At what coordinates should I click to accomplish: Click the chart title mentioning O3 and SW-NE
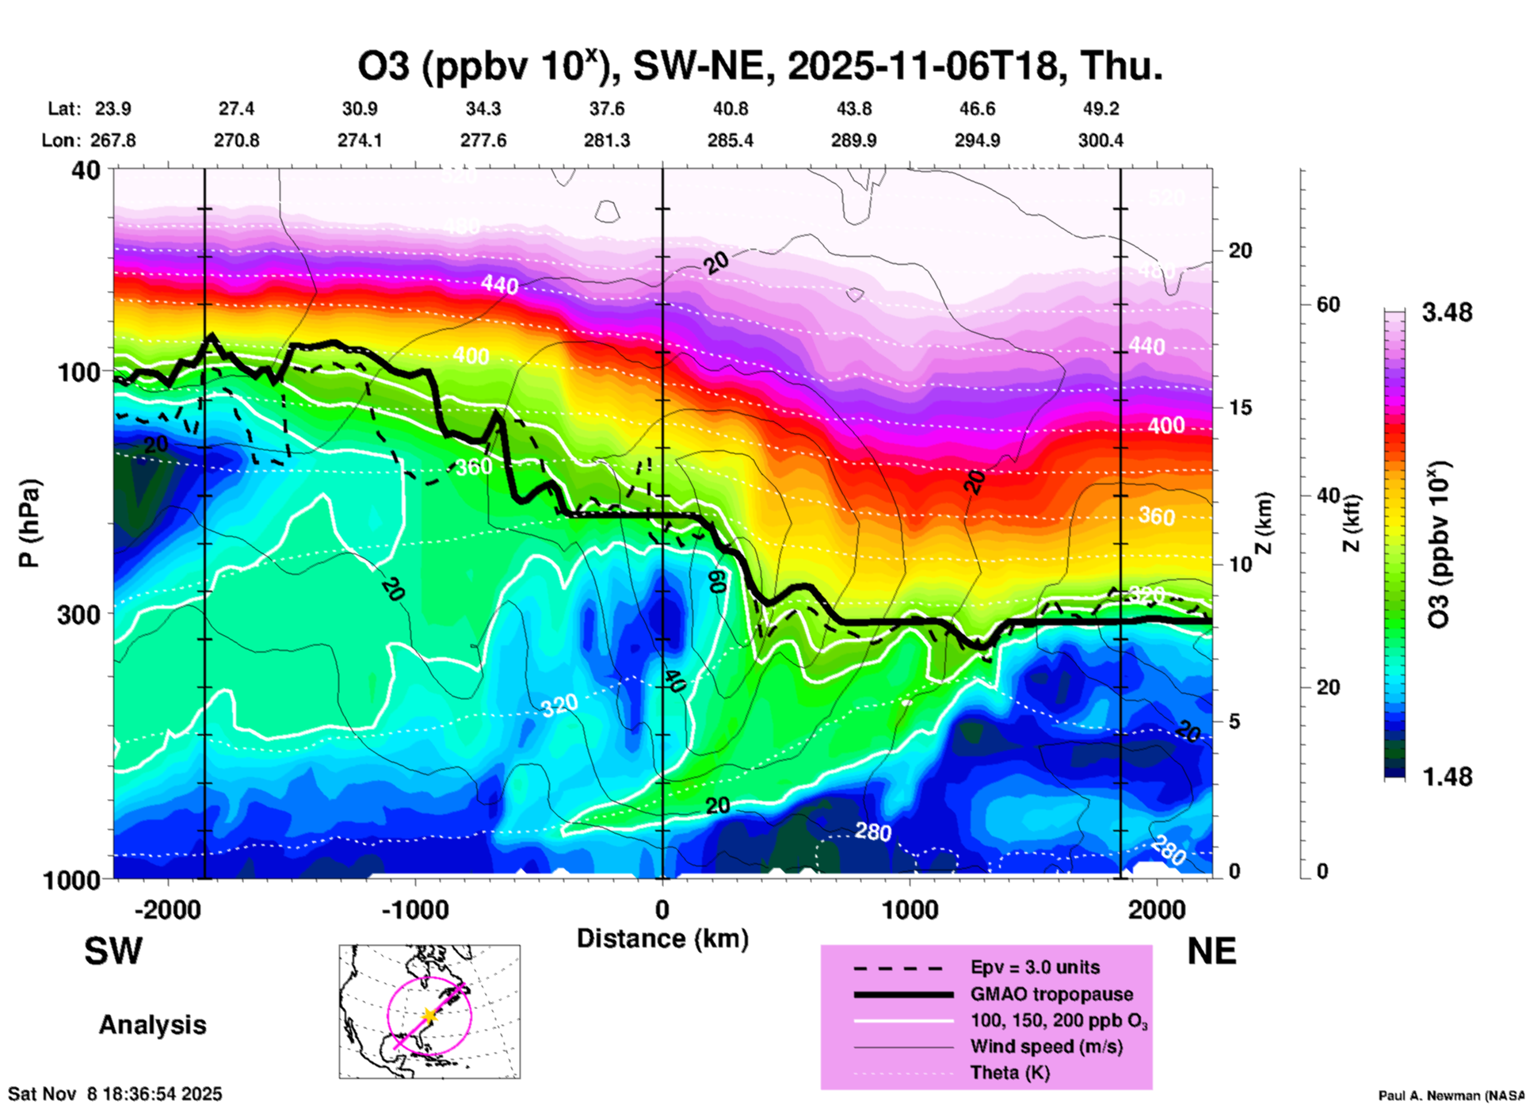coord(761,67)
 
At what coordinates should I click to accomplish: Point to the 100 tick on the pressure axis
coord(79,372)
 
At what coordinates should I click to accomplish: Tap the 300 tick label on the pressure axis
coord(79,614)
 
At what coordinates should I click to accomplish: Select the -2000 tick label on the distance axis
coord(168,909)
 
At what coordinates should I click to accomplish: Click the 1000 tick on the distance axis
coord(910,909)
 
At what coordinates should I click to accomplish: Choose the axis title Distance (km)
coord(662,939)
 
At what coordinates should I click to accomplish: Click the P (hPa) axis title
coord(29,523)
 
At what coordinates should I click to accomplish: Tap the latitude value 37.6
coord(607,109)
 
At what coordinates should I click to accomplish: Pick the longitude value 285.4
coord(731,140)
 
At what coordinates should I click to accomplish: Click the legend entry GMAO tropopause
coord(1051,994)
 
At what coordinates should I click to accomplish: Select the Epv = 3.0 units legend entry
coord(1035,967)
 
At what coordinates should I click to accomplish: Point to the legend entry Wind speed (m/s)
coord(1046,1046)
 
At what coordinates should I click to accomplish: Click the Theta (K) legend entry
coord(1009,1072)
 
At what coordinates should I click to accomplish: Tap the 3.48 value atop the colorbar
coord(1447,312)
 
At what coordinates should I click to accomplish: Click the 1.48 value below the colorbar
coord(1447,776)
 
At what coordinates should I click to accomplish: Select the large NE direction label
coord(1211,951)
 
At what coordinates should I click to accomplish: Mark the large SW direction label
coord(113,951)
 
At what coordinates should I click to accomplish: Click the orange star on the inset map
coord(429,1015)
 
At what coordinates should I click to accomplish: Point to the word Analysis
coord(152,1025)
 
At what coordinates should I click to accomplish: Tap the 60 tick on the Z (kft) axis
coord(1328,304)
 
